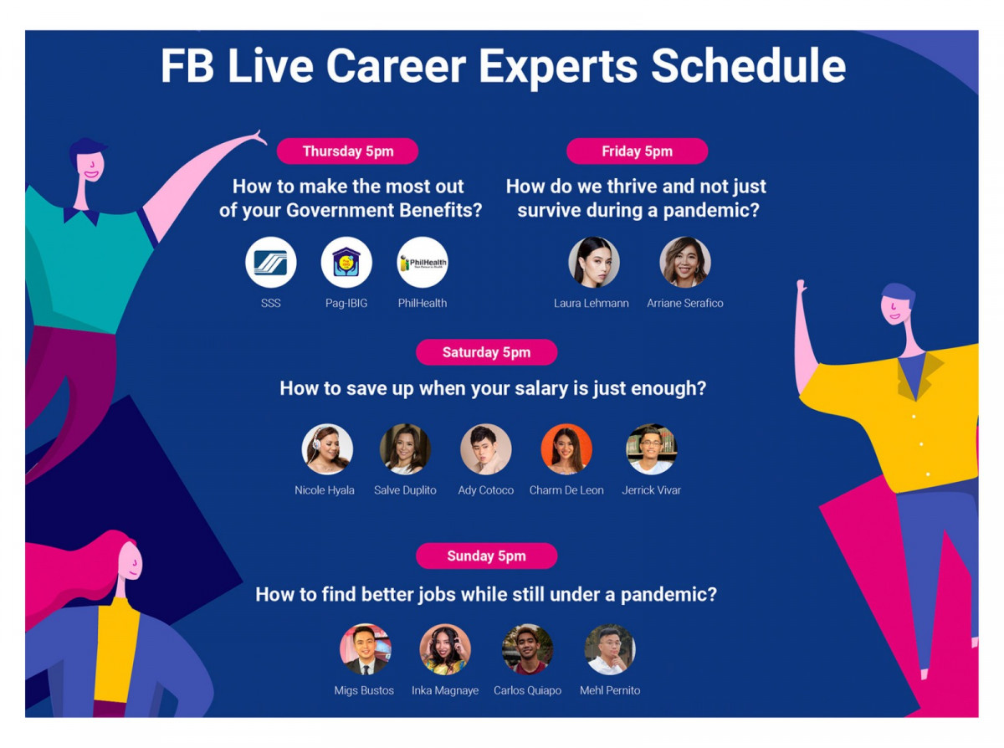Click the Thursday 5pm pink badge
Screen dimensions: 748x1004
pos(347,151)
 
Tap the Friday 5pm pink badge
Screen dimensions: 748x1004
pos(637,151)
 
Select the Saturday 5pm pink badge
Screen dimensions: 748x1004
pos(486,352)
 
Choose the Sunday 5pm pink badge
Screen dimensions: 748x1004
pos(486,556)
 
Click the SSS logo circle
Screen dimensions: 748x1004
pos(270,263)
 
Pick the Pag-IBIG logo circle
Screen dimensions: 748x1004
pos(346,263)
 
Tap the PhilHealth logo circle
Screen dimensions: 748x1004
pos(423,263)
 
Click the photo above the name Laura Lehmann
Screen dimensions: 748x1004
pos(594,263)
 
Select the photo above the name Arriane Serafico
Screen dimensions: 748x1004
pos(685,263)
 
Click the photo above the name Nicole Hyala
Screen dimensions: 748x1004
pos(327,449)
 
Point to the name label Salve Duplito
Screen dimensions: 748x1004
pos(405,490)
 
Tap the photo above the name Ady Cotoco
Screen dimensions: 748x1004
pos(486,449)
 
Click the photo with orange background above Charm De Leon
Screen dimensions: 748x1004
pos(566,449)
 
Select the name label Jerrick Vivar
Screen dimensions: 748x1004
pos(651,490)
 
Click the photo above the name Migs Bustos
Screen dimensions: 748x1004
pos(365,649)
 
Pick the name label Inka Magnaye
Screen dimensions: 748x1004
pos(444,690)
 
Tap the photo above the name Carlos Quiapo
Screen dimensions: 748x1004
pos(527,649)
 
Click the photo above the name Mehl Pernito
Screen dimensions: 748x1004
pos(610,649)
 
